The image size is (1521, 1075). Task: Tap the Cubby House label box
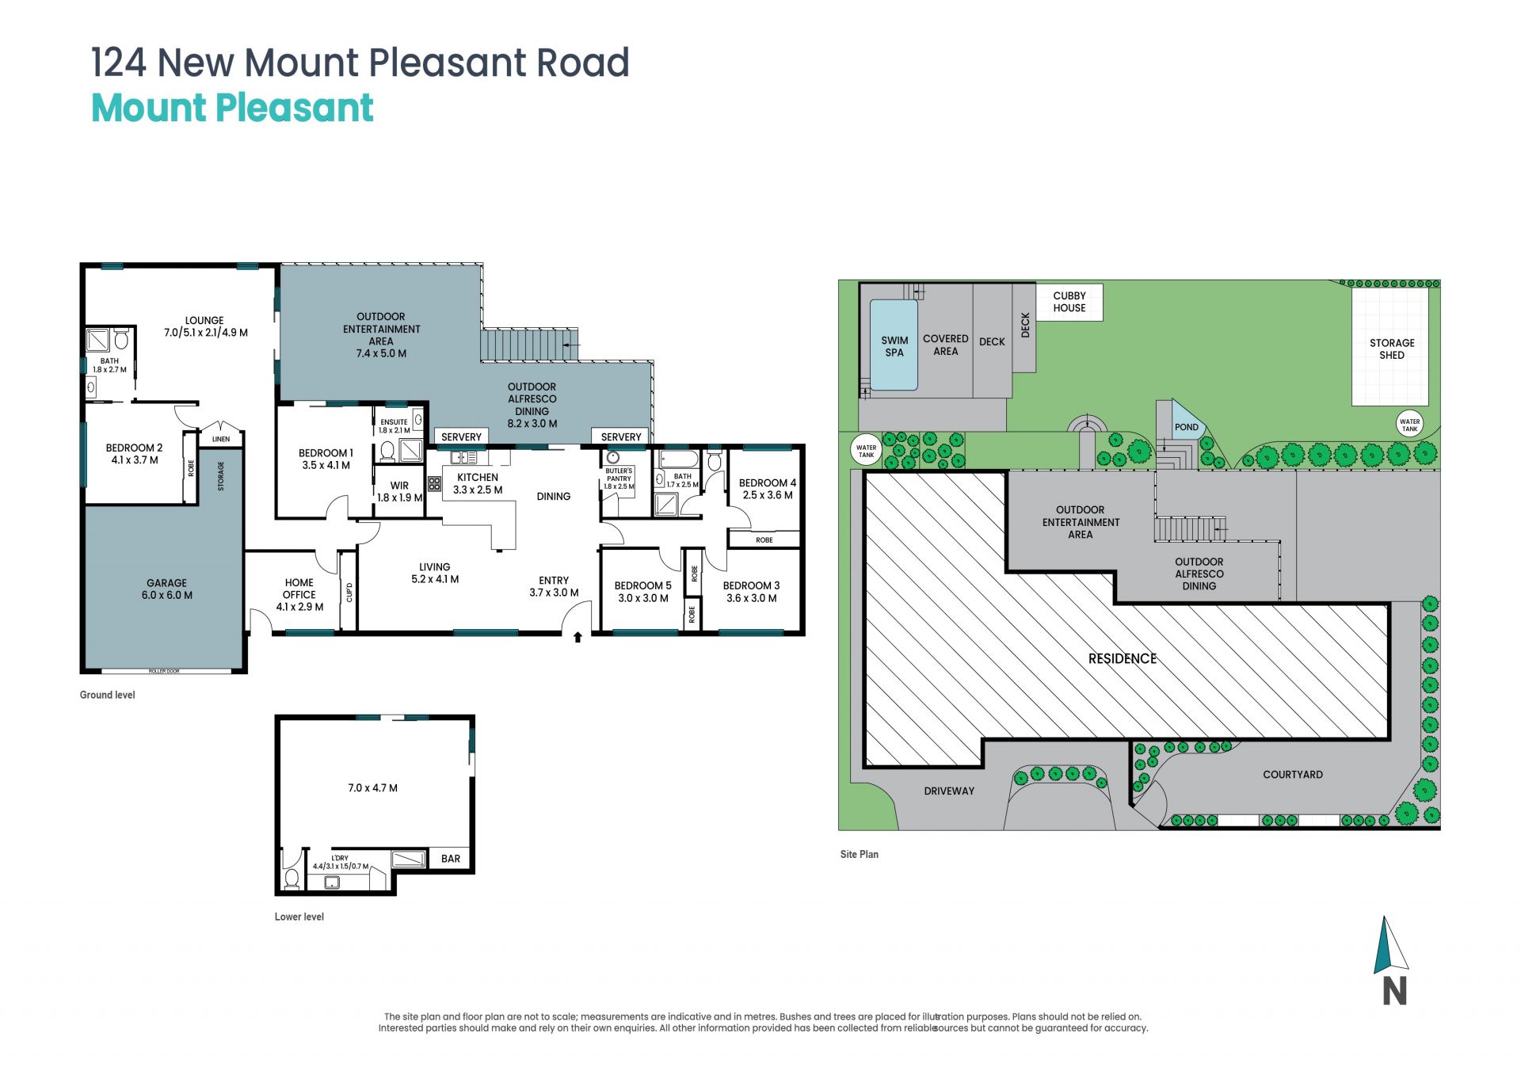(x=1069, y=302)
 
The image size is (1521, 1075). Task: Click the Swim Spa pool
(x=894, y=345)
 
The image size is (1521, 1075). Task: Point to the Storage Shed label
(x=1391, y=349)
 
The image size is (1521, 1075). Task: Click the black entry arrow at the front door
(x=578, y=637)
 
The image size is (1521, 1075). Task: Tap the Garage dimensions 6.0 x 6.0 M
(x=167, y=596)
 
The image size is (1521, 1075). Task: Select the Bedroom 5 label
(x=642, y=586)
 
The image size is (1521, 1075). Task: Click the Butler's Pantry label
(x=619, y=475)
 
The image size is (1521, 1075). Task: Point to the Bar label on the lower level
(x=451, y=859)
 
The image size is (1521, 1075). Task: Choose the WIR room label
(x=399, y=486)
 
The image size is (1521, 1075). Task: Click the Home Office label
(x=299, y=589)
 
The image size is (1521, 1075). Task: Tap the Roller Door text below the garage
(x=164, y=672)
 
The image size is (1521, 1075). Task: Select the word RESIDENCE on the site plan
(x=1123, y=659)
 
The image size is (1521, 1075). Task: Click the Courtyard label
(x=1293, y=775)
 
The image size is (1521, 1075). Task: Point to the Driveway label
(x=949, y=791)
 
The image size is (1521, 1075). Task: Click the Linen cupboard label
(x=221, y=439)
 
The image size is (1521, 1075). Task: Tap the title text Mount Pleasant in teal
(x=232, y=109)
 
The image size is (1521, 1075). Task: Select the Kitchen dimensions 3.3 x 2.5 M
(x=478, y=490)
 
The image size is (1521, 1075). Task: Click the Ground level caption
(x=107, y=696)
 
